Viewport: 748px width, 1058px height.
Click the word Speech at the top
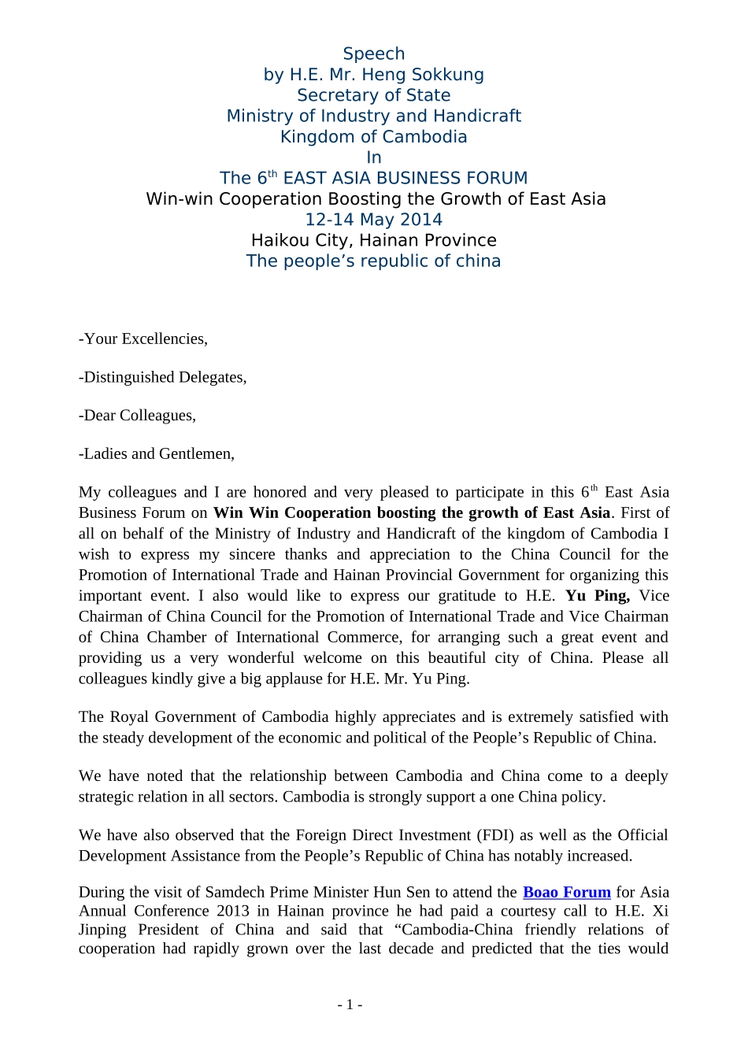tap(373, 54)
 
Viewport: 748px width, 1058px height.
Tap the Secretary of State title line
tap(373, 95)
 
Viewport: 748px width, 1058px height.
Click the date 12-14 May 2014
tap(373, 220)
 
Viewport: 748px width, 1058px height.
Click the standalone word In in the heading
tap(373, 157)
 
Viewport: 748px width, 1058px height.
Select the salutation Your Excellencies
tap(145, 338)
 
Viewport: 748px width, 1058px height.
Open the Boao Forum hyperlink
tap(566, 892)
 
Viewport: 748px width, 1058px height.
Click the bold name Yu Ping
tap(597, 596)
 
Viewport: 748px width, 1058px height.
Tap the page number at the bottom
tap(350, 1004)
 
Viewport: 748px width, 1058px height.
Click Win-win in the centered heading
tap(180, 199)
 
